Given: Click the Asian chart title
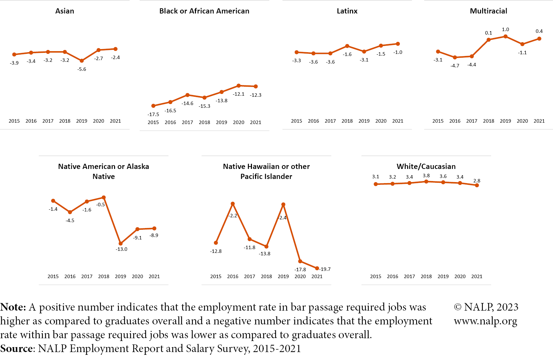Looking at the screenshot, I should click(x=65, y=11).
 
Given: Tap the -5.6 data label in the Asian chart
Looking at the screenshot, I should click(x=82, y=69).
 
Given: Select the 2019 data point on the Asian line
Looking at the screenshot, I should click(x=82, y=61).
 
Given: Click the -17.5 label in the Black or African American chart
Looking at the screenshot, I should click(x=153, y=114).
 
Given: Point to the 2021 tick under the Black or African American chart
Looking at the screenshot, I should click(x=255, y=122).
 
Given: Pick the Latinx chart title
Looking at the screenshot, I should click(x=347, y=11).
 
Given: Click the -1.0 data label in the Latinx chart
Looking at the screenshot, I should click(x=398, y=52).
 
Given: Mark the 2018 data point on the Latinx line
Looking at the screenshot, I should click(x=347, y=46).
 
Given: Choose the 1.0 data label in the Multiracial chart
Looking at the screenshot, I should click(x=505, y=29).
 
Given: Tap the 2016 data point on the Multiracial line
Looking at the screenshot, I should click(x=455, y=57).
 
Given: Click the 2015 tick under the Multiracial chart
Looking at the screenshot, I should click(x=438, y=121).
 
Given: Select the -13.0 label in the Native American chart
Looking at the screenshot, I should click(x=121, y=249).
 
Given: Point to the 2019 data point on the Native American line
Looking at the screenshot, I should click(x=121, y=244).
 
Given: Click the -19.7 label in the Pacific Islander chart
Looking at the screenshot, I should click(x=325, y=269).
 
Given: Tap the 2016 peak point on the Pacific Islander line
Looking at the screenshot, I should click(x=233, y=203).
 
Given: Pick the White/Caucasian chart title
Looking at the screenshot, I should click(x=426, y=167).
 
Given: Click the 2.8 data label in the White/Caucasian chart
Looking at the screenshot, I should click(x=477, y=181).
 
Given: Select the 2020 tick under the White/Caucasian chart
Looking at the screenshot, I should click(x=460, y=276).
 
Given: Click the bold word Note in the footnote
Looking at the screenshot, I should click(x=13, y=307).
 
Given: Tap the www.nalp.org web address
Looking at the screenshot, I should click(x=485, y=321).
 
